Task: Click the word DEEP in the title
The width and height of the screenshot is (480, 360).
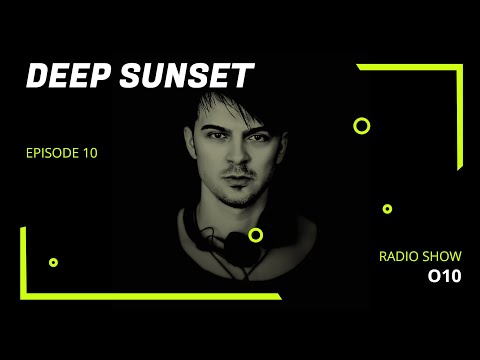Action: pyautogui.click(x=61, y=77)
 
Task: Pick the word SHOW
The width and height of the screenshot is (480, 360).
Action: pyautogui.click(x=442, y=257)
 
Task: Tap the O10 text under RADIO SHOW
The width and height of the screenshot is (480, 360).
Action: pyautogui.click(x=444, y=277)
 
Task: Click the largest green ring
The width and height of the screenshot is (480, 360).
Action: pyautogui.click(x=362, y=126)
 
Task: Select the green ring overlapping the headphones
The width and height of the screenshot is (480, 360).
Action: pyautogui.click(x=256, y=235)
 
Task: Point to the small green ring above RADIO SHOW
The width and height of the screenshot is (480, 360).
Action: pyautogui.click(x=387, y=209)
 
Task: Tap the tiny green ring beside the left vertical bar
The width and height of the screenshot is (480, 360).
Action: pyautogui.click(x=53, y=262)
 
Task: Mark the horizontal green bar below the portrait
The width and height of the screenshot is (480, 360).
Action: pyautogui.click(x=150, y=296)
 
